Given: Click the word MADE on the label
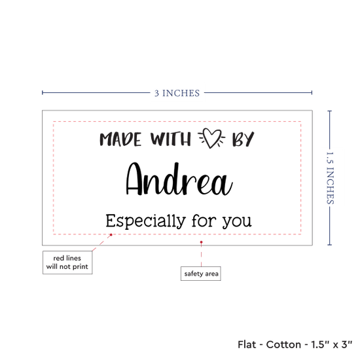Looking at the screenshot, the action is point(120,139).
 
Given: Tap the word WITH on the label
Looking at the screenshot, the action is point(171,139).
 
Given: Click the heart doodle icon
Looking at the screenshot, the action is point(211,137).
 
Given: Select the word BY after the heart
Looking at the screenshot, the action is point(243,139).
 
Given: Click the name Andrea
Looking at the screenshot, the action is point(179,179).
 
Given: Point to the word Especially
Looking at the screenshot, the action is point(145,221).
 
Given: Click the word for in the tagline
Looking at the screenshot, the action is point(204,221).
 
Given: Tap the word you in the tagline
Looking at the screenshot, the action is point(237,223).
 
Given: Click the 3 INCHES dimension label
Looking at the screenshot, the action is point(177,93).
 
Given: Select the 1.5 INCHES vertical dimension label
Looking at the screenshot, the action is point(330,178).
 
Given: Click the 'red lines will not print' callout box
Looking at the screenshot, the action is point(67,262).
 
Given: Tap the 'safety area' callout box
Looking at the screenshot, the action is point(201,274).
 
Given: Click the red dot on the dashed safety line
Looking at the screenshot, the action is point(111,234).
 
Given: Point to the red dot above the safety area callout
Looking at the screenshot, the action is point(202,242).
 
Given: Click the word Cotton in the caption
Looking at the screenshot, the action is point(283,344).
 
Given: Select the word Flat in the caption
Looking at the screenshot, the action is point(247,344).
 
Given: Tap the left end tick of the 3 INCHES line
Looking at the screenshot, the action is point(43,92).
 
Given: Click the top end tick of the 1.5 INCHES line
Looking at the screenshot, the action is point(329,111).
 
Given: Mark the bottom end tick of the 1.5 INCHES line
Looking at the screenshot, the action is point(329,245).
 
